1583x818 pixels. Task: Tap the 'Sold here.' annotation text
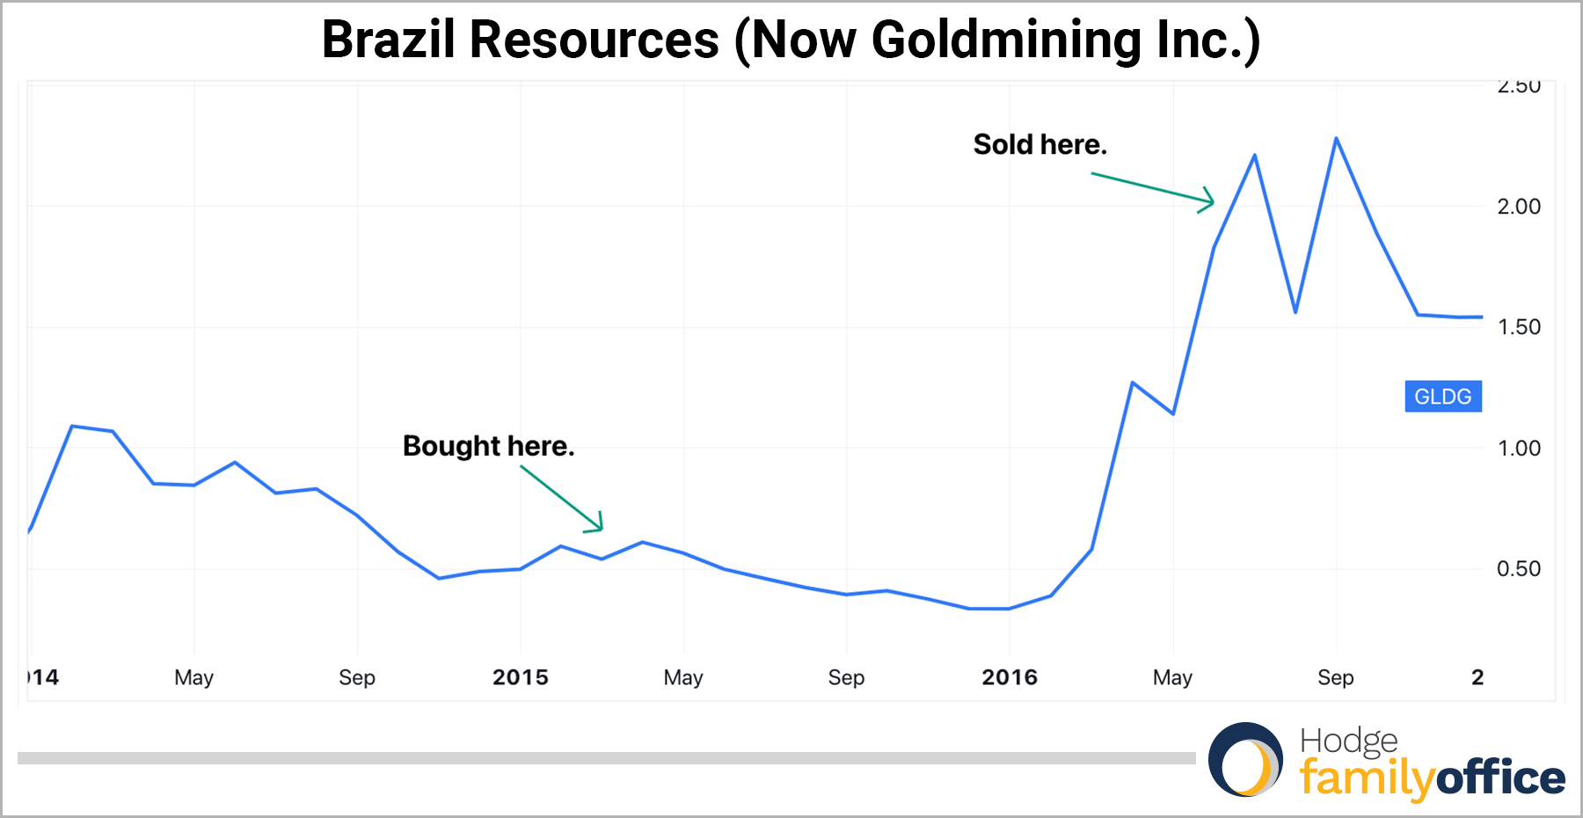pyautogui.click(x=1040, y=144)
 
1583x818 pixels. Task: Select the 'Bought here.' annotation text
pyautogui.click(x=488, y=446)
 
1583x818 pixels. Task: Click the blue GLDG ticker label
pyautogui.click(x=1442, y=397)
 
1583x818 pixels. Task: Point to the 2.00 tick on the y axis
pyautogui.click(x=1519, y=207)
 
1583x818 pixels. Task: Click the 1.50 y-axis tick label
pyautogui.click(x=1519, y=327)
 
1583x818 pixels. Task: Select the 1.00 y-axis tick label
pyautogui.click(x=1519, y=449)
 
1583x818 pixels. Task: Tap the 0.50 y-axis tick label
pyautogui.click(x=1519, y=569)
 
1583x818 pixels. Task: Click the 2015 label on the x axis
pyautogui.click(x=520, y=677)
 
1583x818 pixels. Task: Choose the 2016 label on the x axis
pyautogui.click(x=1010, y=677)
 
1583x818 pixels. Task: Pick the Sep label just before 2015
pyautogui.click(x=357, y=677)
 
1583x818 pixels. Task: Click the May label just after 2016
pyautogui.click(x=1172, y=677)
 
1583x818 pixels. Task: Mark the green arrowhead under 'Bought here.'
pyautogui.click(x=598, y=525)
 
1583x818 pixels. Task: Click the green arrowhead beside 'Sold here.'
pyautogui.click(x=1208, y=201)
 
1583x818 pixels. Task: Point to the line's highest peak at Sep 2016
pyautogui.click(x=1336, y=139)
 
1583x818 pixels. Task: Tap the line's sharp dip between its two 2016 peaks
pyautogui.click(x=1295, y=311)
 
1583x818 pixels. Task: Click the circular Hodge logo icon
pyautogui.click(x=1245, y=760)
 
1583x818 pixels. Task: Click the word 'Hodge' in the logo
pyautogui.click(x=1348, y=741)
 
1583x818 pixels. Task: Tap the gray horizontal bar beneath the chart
pyautogui.click(x=607, y=758)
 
